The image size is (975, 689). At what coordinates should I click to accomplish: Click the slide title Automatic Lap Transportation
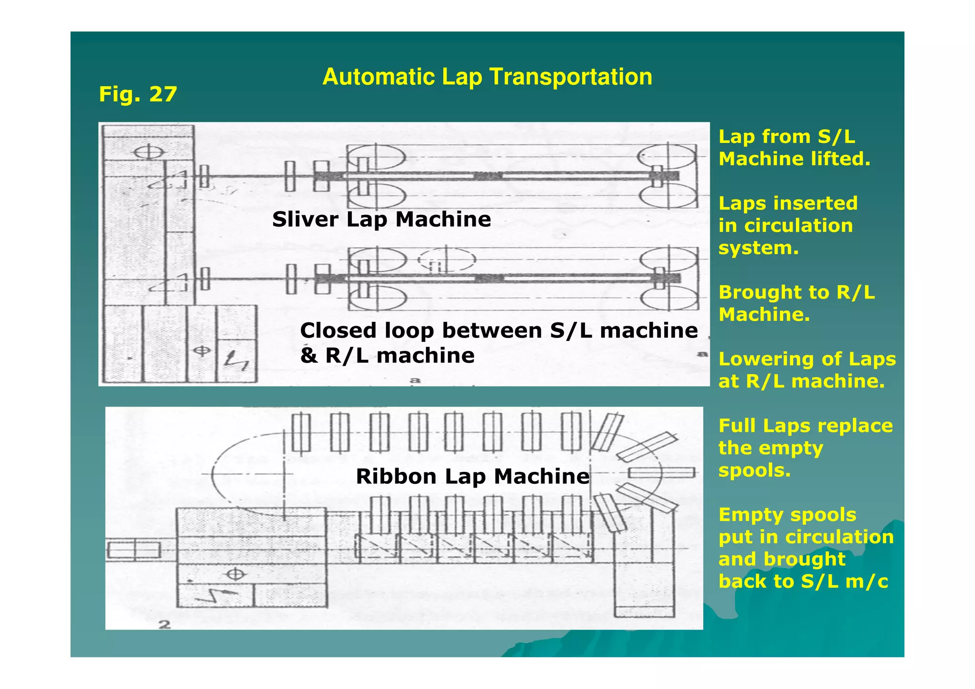[x=487, y=77]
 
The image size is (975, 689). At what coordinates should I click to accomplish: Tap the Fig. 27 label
[x=138, y=94]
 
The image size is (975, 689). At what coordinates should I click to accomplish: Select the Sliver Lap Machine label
[x=381, y=219]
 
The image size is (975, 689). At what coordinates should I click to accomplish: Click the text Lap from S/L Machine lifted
[x=794, y=148]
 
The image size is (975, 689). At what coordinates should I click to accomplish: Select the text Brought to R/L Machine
[x=796, y=303]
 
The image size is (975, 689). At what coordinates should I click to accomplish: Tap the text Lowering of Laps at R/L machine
[x=806, y=370]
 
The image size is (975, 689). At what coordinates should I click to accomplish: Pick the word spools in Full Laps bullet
[x=754, y=470]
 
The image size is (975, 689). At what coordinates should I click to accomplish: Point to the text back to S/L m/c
[x=803, y=581]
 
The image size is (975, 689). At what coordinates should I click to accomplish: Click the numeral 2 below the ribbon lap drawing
[x=164, y=624]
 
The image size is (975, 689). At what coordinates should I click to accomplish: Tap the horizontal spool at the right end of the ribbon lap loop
[x=662, y=472]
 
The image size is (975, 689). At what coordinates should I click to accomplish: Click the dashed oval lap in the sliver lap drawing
[x=446, y=260]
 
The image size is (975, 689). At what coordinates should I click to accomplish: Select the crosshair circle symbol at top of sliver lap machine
[x=148, y=153]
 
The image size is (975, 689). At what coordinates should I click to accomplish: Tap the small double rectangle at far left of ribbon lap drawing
[x=133, y=550]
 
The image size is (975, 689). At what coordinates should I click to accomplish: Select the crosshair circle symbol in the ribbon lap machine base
[x=235, y=574]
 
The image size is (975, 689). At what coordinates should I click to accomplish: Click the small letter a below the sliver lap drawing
[x=415, y=379]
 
